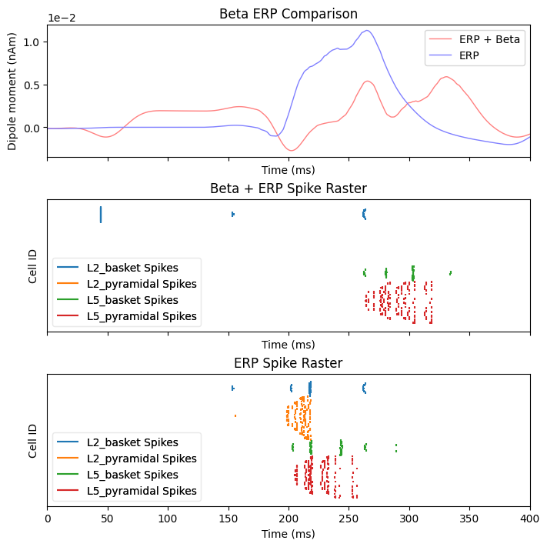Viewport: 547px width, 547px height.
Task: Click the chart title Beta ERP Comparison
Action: tap(289, 14)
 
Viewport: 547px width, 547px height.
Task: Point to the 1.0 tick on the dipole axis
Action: tap(31, 42)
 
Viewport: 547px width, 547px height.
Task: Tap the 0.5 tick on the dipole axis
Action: tap(31, 85)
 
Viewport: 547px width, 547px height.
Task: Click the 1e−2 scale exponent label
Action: tap(63, 18)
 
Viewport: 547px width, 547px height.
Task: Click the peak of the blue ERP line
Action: tap(367, 31)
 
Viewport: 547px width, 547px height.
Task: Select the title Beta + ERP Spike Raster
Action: tap(289, 188)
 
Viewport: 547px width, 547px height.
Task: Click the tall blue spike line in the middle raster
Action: tap(101, 214)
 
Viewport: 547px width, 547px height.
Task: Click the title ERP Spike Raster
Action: tap(289, 363)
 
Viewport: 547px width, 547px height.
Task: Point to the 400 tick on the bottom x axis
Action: tap(530, 520)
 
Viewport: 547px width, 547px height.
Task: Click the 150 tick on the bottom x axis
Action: tap(228, 520)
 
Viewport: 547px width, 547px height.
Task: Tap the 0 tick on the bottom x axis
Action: tap(48, 520)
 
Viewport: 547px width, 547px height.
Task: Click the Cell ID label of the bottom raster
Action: tap(33, 440)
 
